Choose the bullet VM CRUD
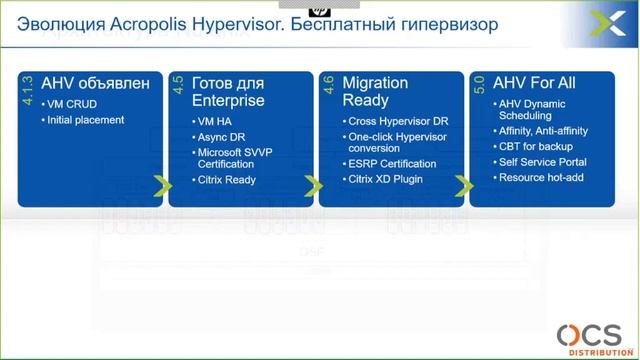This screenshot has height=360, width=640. [74, 105]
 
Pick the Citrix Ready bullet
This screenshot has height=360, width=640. [227, 180]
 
